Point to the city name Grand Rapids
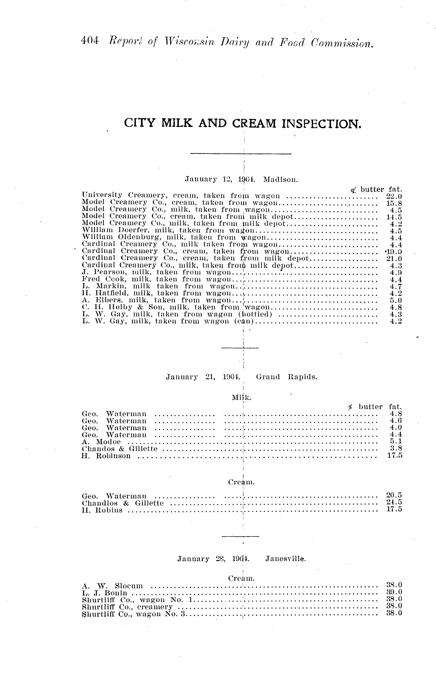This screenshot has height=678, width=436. point(287,377)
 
